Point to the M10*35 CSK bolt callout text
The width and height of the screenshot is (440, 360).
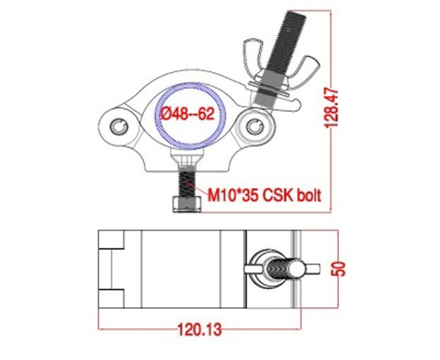264,194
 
